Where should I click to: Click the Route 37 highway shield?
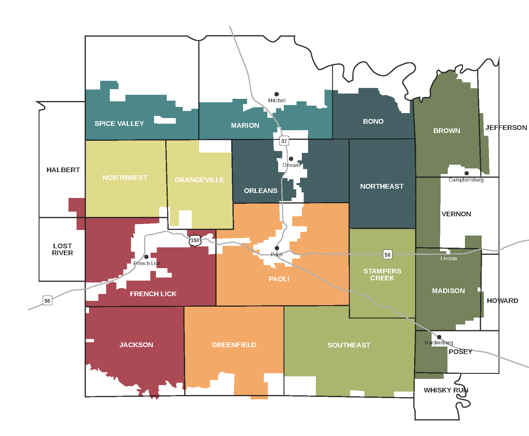point(284,141)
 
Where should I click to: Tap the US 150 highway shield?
point(195,240)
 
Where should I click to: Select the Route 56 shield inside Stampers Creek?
point(387,255)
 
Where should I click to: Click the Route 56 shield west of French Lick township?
point(47,301)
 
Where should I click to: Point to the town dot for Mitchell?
point(276,94)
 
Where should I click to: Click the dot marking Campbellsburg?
point(466,173)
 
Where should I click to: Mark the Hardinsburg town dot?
point(439,337)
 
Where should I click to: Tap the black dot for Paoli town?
point(277,248)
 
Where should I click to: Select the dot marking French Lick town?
point(146,257)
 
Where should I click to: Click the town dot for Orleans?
point(291,159)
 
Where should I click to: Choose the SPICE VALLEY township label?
point(119,124)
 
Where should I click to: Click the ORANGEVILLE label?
point(199,180)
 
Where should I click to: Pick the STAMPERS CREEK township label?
point(382,275)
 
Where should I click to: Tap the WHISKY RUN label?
point(446,390)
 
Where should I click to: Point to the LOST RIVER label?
point(63,250)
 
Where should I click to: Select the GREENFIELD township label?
point(234,345)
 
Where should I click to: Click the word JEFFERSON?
point(506,128)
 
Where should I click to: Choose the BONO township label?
point(373,122)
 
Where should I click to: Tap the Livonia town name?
point(448,259)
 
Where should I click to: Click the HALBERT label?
point(63,170)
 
